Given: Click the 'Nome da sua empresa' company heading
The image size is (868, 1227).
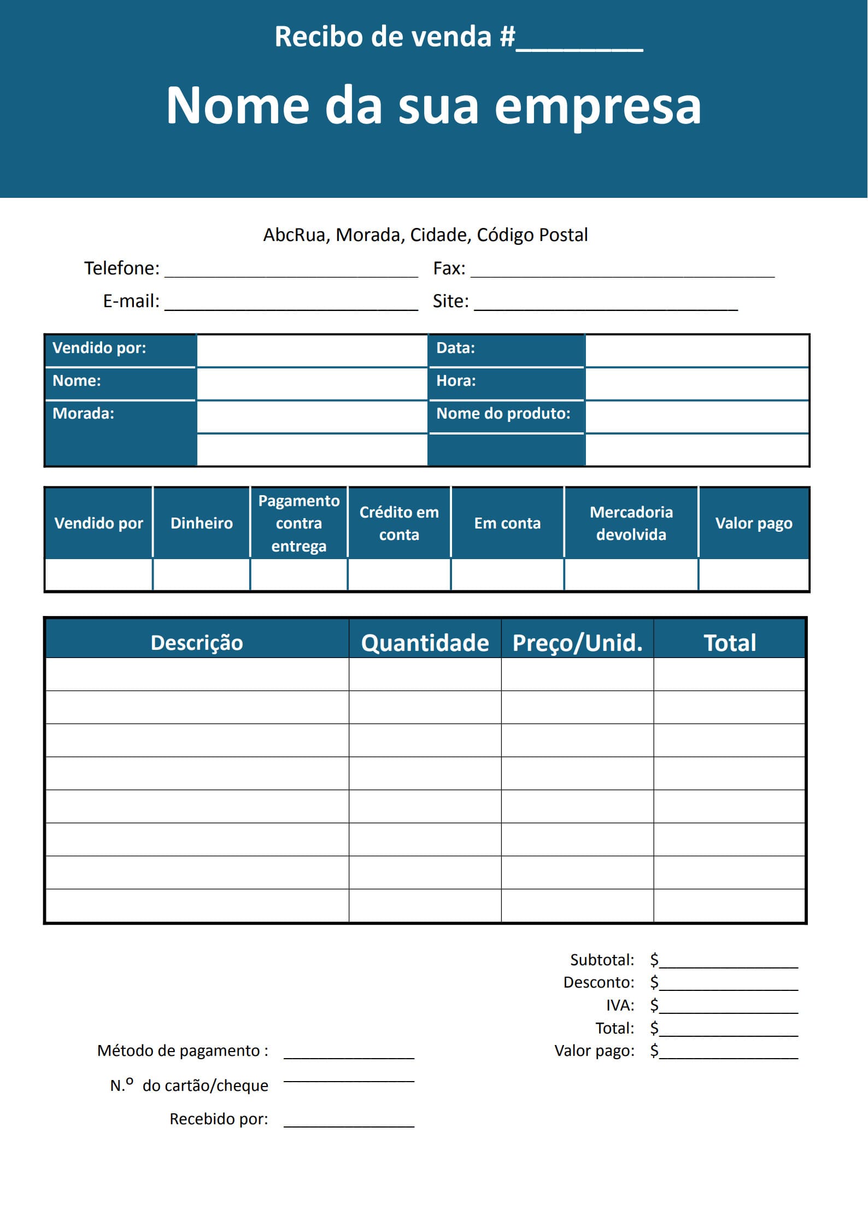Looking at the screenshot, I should tap(433, 105).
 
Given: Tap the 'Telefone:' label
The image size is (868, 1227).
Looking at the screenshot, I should tap(121, 268).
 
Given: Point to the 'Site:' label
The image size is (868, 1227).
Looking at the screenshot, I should tap(450, 301).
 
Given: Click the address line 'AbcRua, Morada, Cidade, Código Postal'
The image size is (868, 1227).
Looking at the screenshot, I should tap(425, 235).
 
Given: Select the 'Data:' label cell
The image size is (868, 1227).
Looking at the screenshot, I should tap(506, 348).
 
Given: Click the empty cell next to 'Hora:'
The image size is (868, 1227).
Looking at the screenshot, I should tap(696, 384).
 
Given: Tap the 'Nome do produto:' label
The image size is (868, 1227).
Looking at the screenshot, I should tap(503, 414).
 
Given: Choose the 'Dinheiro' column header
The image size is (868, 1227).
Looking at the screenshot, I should tap(201, 523).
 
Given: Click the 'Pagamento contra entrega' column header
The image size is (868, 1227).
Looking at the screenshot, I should tap(298, 523).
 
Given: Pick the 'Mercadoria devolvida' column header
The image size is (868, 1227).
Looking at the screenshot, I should tap(631, 523).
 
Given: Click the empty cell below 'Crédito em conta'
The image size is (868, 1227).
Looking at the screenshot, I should tap(399, 574).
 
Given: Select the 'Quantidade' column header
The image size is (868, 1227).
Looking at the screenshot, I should tap(425, 643).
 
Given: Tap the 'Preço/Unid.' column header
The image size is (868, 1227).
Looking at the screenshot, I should tap(577, 643).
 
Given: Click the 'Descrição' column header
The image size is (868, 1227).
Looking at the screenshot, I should tap(197, 643).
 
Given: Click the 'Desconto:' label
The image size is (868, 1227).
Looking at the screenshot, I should tap(599, 982).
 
